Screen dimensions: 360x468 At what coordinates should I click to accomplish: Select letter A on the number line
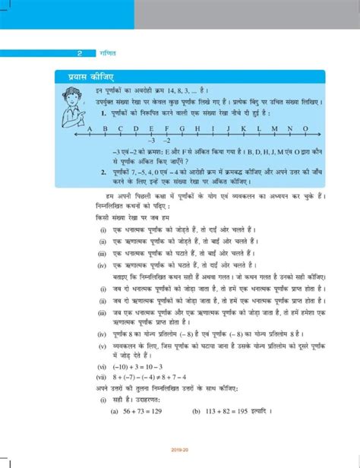(89, 128)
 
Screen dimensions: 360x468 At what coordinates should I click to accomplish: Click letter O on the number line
(305, 128)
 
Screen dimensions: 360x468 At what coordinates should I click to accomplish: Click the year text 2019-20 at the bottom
(180, 460)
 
